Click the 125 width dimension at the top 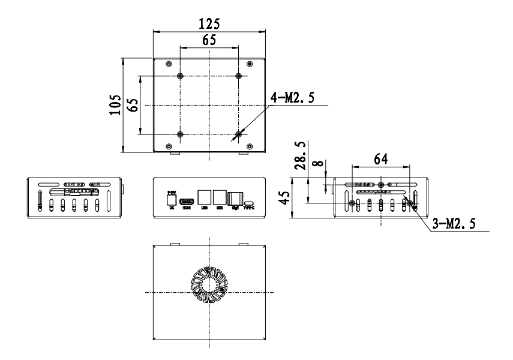[x=209, y=23]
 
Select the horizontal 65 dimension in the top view [x=209, y=40]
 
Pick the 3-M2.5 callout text [x=454, y=224]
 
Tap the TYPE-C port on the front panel [x=249, y=203]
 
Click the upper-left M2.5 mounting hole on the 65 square [x=181, y=76]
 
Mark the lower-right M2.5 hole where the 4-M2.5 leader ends [x=239, y=134]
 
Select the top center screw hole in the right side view [x=381, y=184]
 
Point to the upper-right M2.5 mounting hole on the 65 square [x=239, y=76]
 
